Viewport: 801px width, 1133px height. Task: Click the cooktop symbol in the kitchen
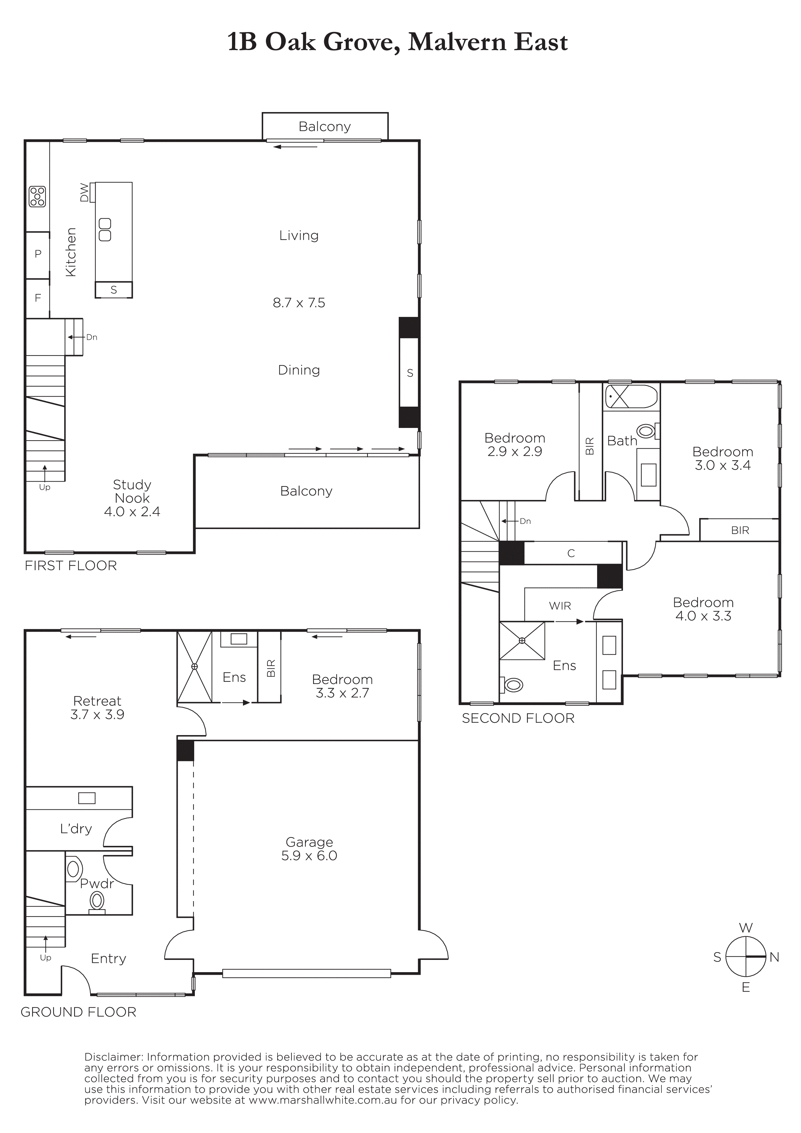(x=37, y=196)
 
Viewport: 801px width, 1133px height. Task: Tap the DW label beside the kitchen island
(x=84, y=192)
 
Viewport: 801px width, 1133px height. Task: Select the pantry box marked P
(x=37, y=255)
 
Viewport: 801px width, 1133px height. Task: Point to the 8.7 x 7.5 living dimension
(x=299, y=303)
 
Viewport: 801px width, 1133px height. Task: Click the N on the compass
(x=775, y=957)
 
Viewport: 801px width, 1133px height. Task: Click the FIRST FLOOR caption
(x=70, y=566)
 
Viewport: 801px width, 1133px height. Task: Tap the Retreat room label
(x=97, y=701)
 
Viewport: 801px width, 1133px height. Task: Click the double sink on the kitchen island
(x=105, y=229)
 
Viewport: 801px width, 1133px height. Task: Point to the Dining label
(x=299, y=370)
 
